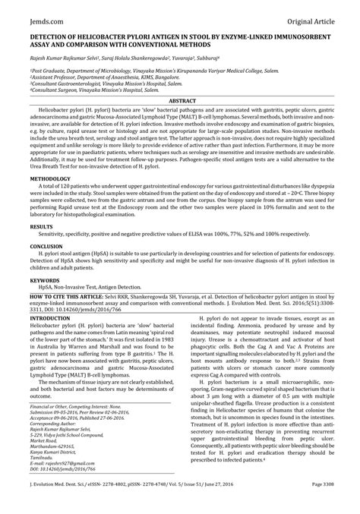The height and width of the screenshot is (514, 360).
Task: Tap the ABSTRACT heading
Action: (179, 100)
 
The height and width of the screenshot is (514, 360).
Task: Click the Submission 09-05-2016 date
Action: (62, 412)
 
